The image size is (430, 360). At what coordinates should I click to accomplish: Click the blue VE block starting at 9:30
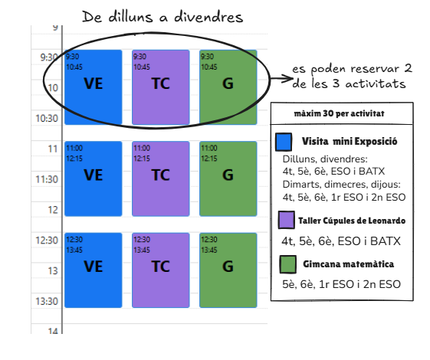tap(94, 87)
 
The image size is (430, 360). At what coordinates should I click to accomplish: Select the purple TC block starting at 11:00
tap(161, 178)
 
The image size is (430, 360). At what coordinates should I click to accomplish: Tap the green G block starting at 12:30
tap(228, 270)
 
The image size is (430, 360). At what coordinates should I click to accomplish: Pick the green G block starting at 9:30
tap(228, 87)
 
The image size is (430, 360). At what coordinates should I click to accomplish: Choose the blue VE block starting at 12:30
tap(94, 270)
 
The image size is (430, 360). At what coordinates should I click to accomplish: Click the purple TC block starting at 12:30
tap(161, 270)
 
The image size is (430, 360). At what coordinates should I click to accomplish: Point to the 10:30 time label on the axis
tap(47, 119)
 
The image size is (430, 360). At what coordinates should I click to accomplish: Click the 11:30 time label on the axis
tap(47, 179)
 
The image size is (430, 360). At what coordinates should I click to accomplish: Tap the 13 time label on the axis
tap(53, 271)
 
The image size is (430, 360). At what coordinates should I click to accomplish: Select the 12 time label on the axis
tap(53, 210)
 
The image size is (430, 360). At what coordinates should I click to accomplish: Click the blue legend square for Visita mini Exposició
tap(284, 142)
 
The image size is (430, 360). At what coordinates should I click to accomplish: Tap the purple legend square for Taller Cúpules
tap(287, 220)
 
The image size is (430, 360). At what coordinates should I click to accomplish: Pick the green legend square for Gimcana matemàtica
tap(288, 264)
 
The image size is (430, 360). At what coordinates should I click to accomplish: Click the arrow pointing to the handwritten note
tap(281, 79)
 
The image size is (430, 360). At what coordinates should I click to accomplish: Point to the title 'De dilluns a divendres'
tap(162, 17)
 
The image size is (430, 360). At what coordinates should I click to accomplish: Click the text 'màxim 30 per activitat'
tap(339, 113)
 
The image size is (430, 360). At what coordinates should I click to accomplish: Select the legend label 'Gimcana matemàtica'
tap(348, 264)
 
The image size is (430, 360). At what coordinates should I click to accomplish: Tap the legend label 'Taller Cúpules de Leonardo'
tap(352, 221)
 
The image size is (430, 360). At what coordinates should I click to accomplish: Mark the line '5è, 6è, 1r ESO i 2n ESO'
tap(341, 284)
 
